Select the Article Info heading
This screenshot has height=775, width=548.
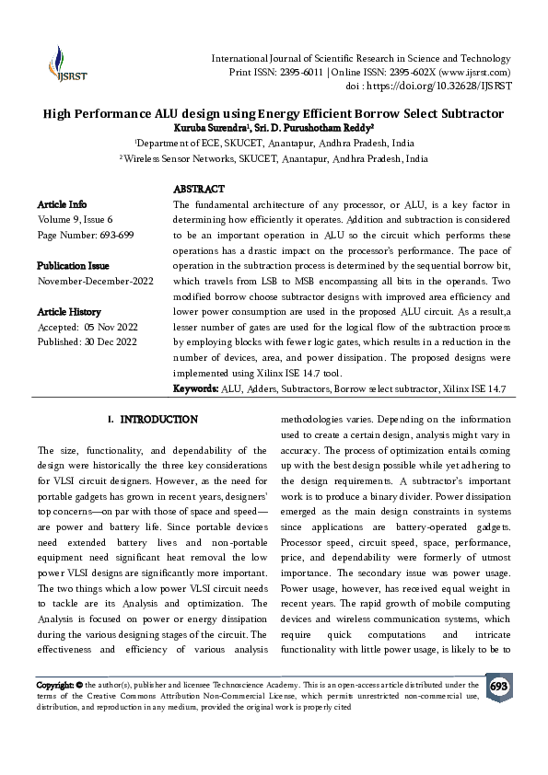62,203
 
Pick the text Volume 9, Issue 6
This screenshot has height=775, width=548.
76,219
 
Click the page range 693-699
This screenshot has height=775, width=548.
113,235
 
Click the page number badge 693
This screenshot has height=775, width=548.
498,687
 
